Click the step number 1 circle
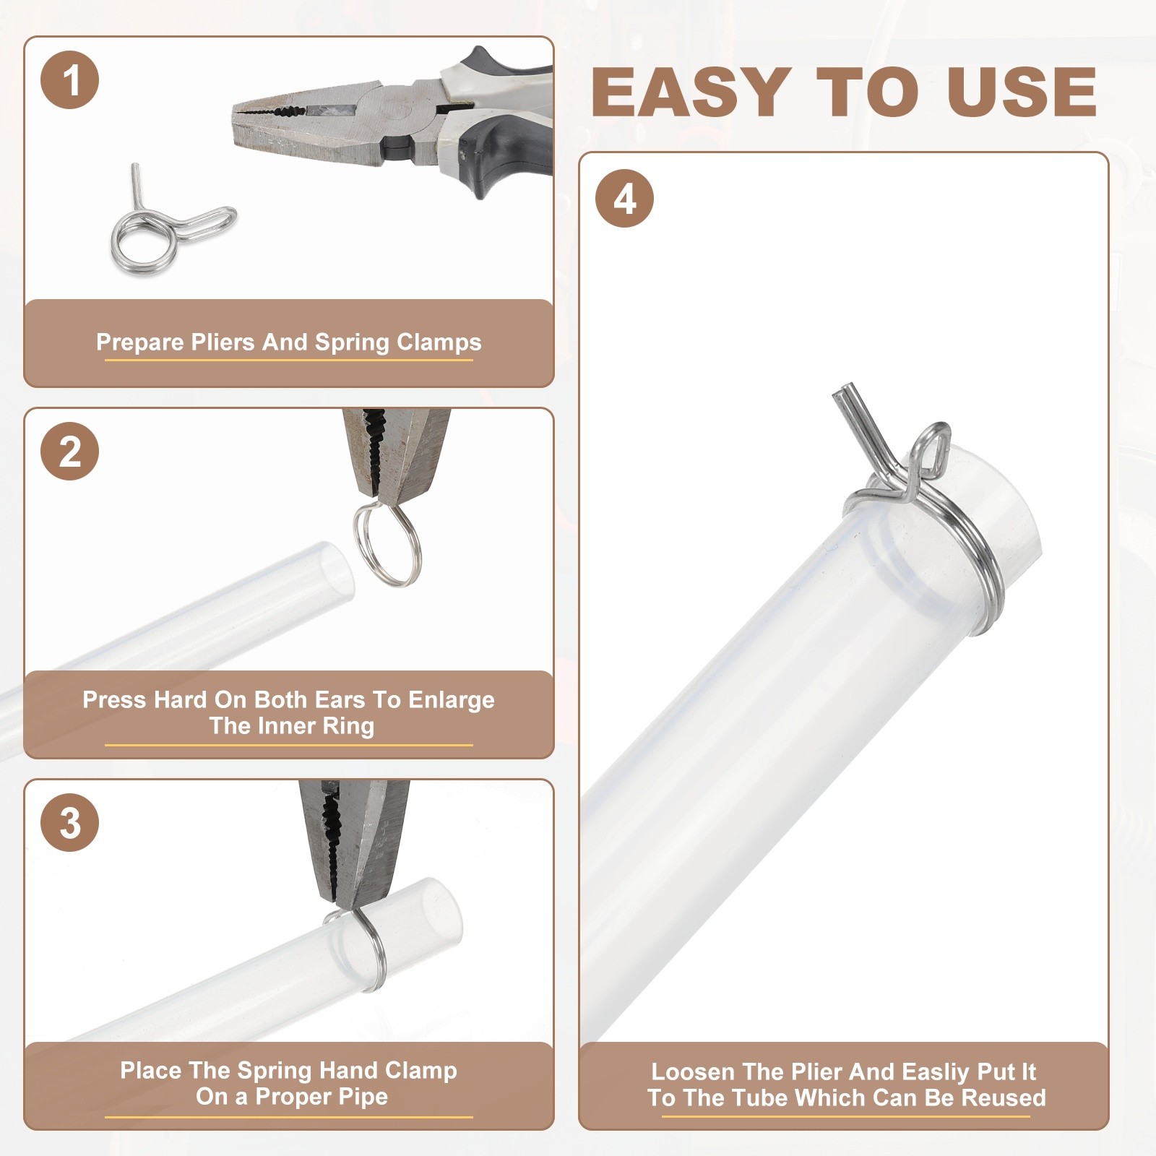(x=70, y=80)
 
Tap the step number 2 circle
(x=70, y=452)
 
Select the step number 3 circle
(x=70, y=822)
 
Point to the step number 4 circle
(x=625, y=199)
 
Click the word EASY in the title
(x=690, y=92)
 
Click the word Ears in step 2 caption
(x=340, y=699)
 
